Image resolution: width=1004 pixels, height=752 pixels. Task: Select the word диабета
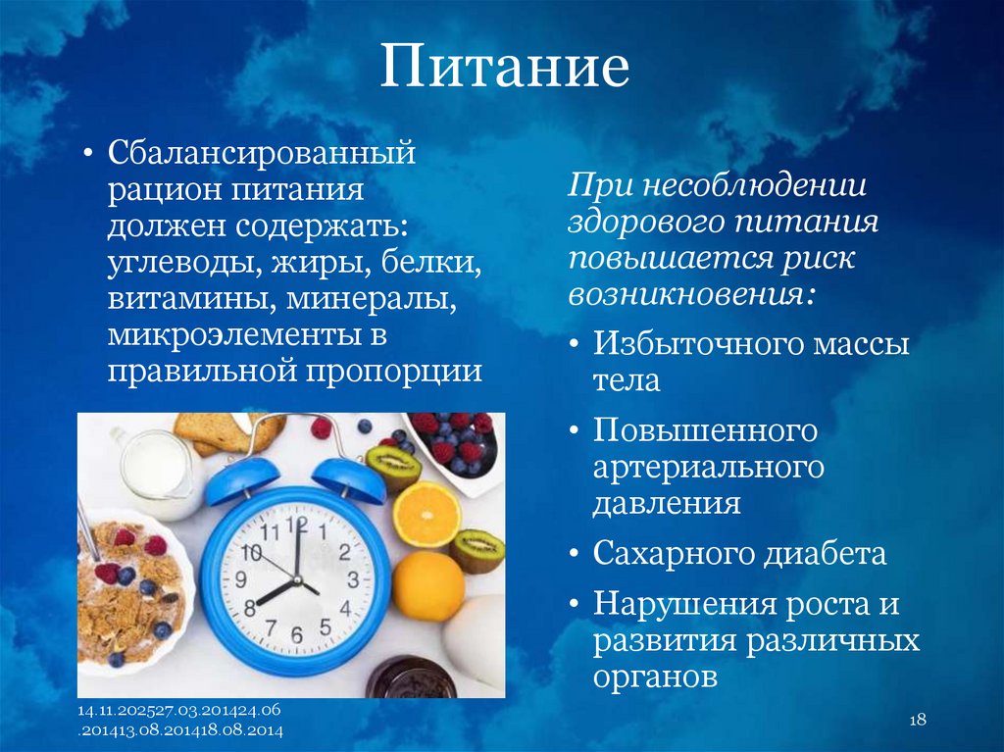(x=828, y=554)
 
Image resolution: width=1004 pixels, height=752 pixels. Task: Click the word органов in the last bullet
(x=656, y=676)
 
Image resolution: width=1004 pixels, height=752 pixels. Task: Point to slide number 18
(x=918, y=721)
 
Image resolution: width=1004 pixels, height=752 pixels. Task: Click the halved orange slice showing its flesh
(x=427, y=514)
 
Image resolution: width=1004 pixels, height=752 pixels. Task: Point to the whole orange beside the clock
(x=427, y=585)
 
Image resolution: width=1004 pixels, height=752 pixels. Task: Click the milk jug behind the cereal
(x=157, y=472)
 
